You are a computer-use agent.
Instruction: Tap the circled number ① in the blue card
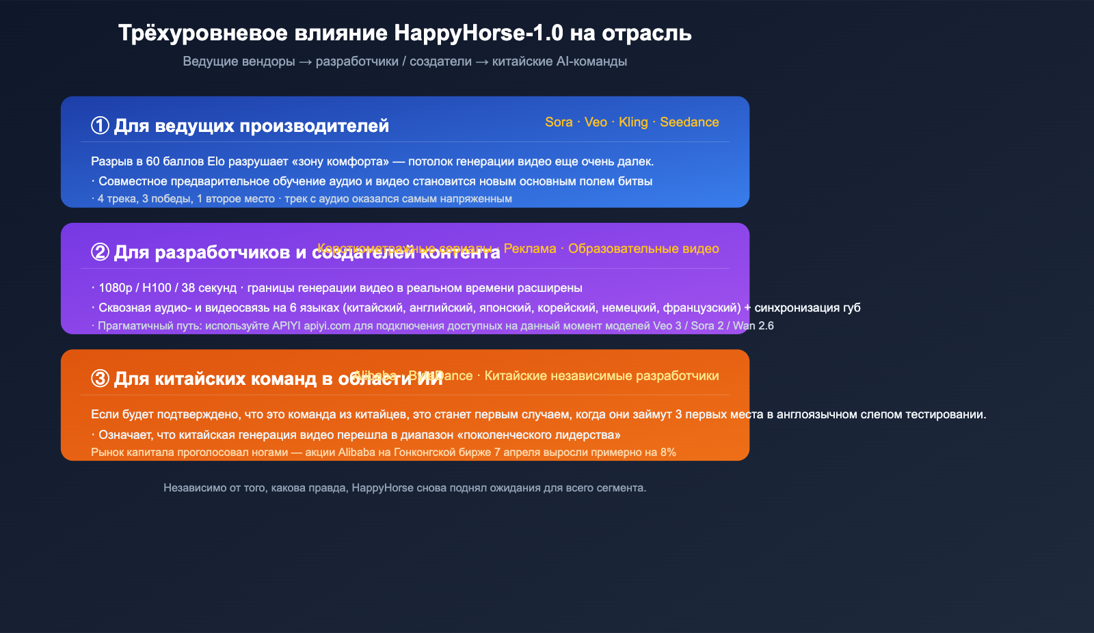pyautogui.click(x=100, y=126)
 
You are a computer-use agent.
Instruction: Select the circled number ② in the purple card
pyautogui.click(x=100, y=252)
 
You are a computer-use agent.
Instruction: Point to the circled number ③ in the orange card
pyautogui.click(x=100, y=379)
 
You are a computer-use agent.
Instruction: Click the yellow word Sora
pyautogui.click(x=559, y=122)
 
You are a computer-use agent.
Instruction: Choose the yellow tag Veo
pyautogui.click(x=596, y=122)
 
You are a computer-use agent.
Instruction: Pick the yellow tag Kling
pyautogui.click(x=633, y=122)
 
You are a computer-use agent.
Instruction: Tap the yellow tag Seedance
pyautogui.click(x=689, y=122)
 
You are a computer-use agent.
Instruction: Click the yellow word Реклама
pyautogui.click(x=530, y=249)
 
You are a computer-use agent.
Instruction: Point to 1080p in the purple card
pyautogui.click(x=116, y=288)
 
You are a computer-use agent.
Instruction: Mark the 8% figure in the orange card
pyautogui.click(x=668, y=453)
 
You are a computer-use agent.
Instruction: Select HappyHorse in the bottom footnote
pyautogui.click(x=382, y=488)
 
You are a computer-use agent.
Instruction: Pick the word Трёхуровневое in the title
pyautogui.click(x=196, y=33)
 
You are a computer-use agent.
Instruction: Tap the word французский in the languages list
pyautogui.click(x=702, y=308)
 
